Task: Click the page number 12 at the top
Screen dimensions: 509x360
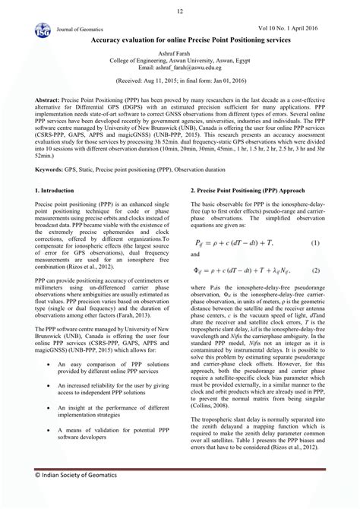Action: click(x=180, y=11)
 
